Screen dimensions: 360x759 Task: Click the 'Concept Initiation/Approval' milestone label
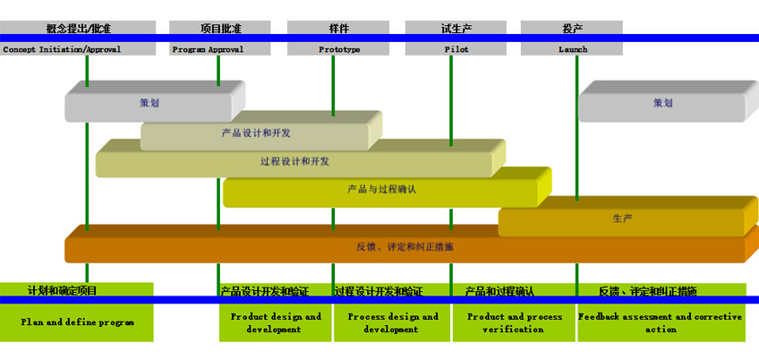click(x=63, y=49)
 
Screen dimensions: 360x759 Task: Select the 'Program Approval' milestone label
click(x=208, y=49)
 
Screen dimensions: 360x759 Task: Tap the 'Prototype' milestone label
click(x=339, y=49)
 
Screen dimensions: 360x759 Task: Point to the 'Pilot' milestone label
click(x=456, y=49)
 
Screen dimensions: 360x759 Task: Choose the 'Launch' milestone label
click(x=573, y=49)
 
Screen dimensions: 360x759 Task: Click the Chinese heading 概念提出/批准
click(x=78, y=28)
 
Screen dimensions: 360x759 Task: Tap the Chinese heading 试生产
click(x=456, y=28)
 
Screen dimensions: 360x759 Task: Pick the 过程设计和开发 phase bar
click(x=294, y=162)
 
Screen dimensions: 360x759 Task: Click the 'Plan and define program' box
click(x=78, y=322)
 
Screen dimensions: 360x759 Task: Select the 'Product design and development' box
click(x=276, y=322)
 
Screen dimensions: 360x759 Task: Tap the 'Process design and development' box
click(x=392, y=322)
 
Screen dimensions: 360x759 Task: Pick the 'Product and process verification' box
click(x=514, y=322)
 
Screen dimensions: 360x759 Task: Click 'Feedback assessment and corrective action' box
click(x=661, y=322)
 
